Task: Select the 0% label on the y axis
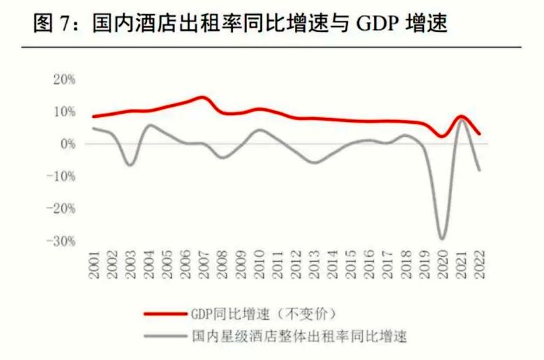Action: (68, 144)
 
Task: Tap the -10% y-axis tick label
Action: (61, 176)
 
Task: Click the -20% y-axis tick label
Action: (61, 208)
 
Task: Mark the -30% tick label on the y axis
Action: (61, 241)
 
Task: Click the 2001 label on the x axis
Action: (95, 264)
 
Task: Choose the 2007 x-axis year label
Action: (205, 264)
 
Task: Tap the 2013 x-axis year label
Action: (315, 264)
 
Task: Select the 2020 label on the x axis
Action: (443, 264)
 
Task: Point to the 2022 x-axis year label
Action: (479, 264)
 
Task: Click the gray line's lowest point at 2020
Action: (443, 239)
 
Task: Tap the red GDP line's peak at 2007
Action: (203, 98)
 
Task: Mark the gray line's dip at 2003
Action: (130, 165)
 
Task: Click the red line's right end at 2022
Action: (479, 134)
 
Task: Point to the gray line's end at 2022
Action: (479, 170)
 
